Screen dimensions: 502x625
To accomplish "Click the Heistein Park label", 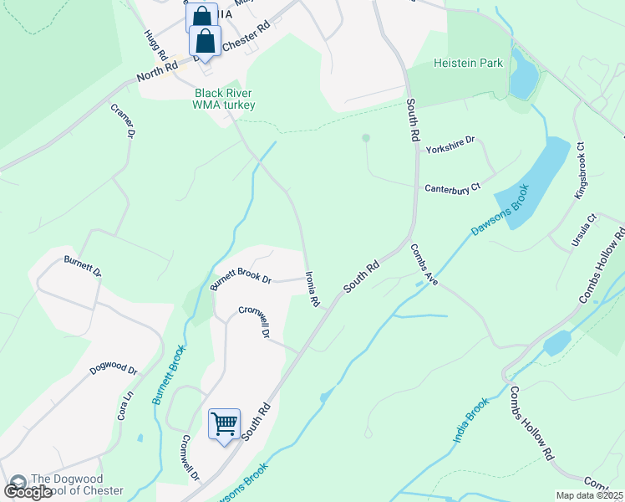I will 468,64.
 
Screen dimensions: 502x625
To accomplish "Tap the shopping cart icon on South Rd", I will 225,425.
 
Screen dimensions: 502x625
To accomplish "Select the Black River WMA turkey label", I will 224,99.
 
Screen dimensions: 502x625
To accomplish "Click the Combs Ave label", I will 424,265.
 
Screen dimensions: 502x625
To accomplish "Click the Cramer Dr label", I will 123,121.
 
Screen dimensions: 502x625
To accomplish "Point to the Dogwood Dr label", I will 113,364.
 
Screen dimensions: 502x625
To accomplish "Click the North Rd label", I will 160,70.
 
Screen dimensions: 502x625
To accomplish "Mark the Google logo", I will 28,492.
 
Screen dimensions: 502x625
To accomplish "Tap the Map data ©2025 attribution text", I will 589,495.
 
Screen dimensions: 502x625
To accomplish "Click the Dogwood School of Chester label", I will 76,485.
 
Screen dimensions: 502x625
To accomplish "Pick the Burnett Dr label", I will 82,266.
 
